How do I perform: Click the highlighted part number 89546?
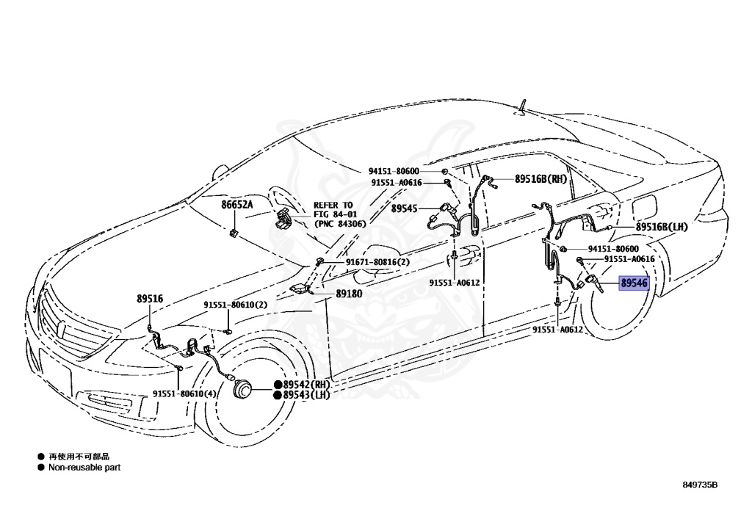[x=634, y=282]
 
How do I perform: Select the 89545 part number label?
[x=404, y=208]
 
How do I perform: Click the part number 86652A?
[x=236, y=205]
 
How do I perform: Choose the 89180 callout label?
[x=350, y=293]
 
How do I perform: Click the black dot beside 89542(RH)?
[x=278, y=385]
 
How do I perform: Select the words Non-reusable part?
[x=84, y=467]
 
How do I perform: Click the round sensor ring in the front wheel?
[x=242, y=390]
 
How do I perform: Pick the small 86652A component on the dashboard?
[x=233, y=233]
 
